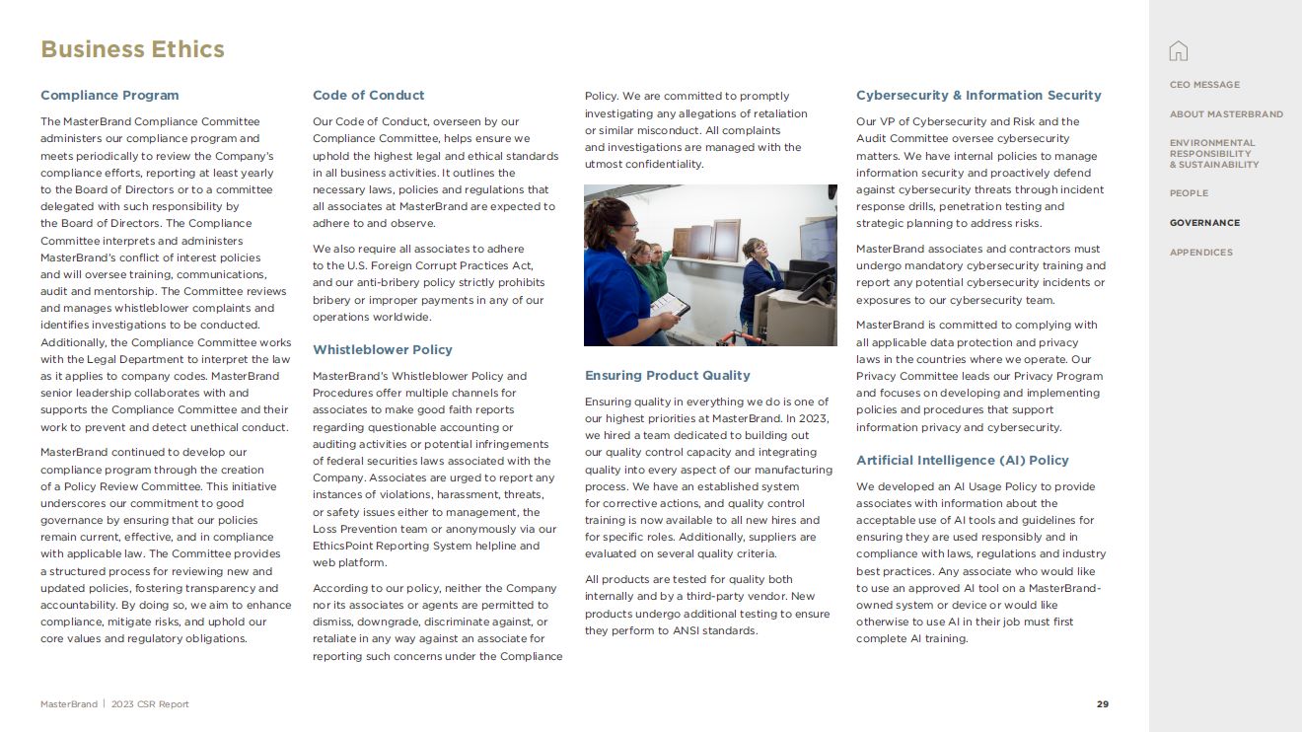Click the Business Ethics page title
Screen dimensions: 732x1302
[132, 49]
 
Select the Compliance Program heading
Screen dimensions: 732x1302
[109, 96]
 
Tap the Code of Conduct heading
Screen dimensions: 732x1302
[368, 96]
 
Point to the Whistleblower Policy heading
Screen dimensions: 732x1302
[382, 350]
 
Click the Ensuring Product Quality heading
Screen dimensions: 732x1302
[667, 376]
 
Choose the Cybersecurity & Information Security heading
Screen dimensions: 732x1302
[978, 96]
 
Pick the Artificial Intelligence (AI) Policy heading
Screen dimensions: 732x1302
[962, 461]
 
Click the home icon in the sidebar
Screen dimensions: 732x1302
[1178, 51]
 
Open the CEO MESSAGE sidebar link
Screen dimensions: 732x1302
[1204, 85]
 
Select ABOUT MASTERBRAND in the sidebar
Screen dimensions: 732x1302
[1226, 114]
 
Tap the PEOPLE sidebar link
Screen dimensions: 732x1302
[1189, 193]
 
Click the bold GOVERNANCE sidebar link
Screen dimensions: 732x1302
[1204, 223]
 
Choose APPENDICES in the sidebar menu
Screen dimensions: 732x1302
[1200, 253]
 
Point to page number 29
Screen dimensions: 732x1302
[1103, 704]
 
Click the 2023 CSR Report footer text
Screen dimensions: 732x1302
[150, 704]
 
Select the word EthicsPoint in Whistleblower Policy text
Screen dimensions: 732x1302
[344, 547]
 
